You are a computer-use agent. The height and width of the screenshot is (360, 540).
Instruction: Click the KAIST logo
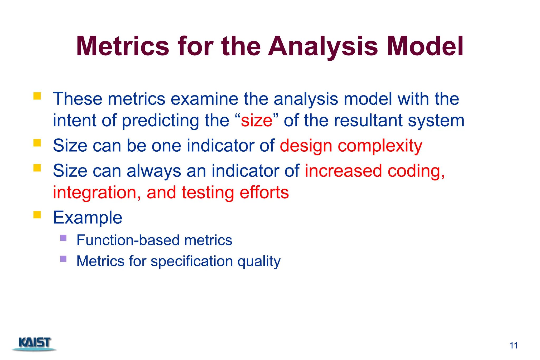click(x=34, y=344)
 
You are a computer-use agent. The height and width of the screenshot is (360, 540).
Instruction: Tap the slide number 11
click(x=513, y=345)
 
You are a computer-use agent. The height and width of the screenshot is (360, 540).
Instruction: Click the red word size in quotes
click(x=257, y=121)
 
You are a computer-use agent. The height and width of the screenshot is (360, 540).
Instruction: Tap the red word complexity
click(x=380, y=146)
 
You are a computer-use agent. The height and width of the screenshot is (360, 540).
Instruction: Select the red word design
click(x=306, y=146)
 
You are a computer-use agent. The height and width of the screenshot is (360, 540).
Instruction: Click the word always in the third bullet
click(x=154, y=171)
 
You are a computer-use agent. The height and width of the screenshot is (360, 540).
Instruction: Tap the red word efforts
click(x=264, y=193)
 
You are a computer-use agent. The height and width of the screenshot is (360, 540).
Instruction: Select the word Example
click(x=88, y=218)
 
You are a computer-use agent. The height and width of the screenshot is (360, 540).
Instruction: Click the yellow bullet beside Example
click(x=37, y=215)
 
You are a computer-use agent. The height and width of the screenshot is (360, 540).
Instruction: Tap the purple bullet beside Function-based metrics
click(x=63, y=238)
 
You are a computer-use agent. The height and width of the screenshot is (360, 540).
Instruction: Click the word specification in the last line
click(x=192, y=261)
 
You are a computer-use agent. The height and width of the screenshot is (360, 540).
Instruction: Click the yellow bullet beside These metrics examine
click(x=37, y=96)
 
